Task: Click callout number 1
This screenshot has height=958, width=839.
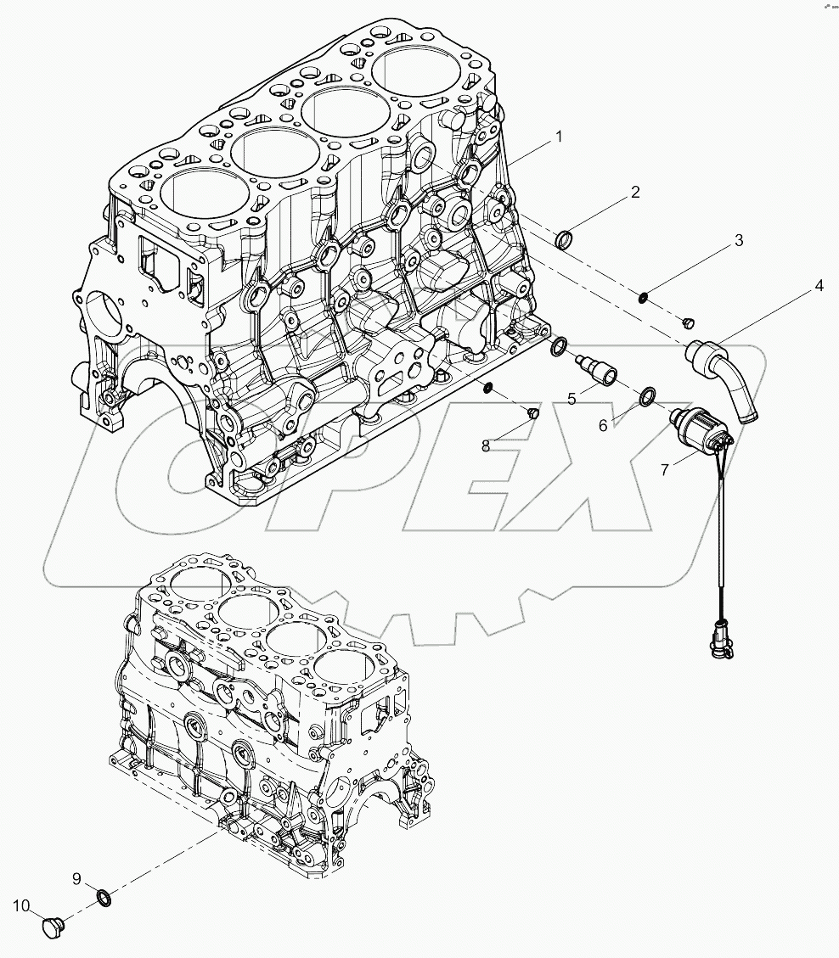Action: coord(558,136)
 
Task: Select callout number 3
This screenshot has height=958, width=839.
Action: coord(739,240)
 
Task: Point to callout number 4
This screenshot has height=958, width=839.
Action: coord(819,286)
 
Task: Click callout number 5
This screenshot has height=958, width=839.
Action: coord(572,396)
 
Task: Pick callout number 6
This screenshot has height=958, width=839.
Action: coord(604,425)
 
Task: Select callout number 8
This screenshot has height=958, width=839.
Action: coord(486,445)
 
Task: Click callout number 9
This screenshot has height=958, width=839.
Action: coord(76,877)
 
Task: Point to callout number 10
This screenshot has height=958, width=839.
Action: coord(21,905)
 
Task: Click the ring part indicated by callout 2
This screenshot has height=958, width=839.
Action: coord(564,241)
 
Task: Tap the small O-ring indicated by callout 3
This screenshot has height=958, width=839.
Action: coord(646,297)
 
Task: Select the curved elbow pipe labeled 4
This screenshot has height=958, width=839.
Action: coord(730,373)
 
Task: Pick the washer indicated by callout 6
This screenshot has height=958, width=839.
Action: coord(647,395)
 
